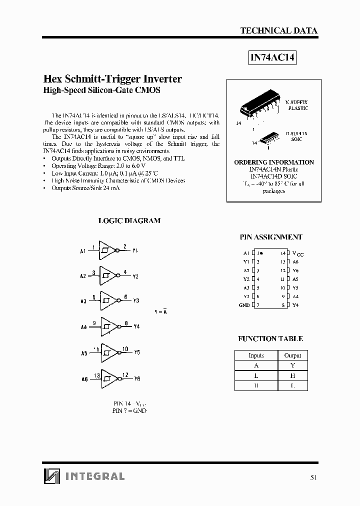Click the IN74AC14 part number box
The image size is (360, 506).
pos(272,58)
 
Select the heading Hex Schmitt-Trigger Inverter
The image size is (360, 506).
pos(113,79)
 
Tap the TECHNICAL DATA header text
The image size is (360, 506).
pos(278,30)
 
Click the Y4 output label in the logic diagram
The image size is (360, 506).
pos(136,327)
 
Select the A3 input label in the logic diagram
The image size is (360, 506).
pos(83,301)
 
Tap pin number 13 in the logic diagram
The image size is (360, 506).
pos(96,374)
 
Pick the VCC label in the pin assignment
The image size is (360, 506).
pos(297,254)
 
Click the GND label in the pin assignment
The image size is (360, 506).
pos(244,305)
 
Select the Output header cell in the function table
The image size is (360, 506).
pos(292,355)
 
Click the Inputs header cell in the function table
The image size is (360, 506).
pos(255,355)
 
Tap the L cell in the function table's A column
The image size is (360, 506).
pos(255,375)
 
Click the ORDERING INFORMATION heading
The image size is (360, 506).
pos(273,162)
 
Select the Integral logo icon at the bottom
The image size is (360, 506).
pos(51,476)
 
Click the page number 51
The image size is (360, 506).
pos(313,477)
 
